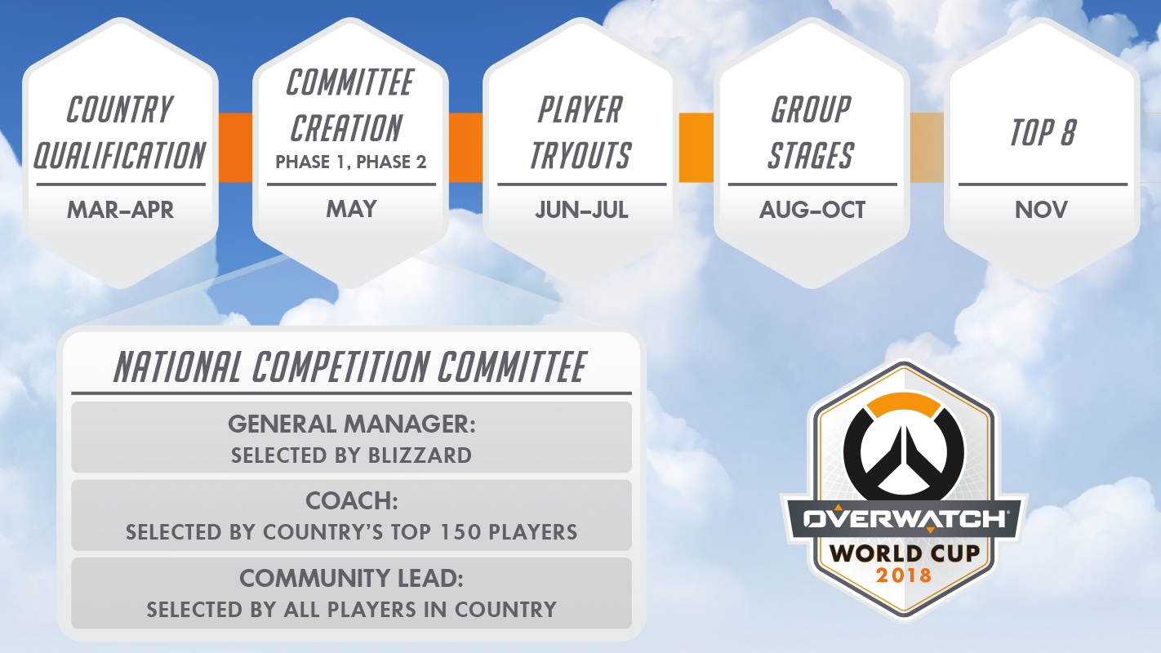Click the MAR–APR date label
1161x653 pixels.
point(120,210)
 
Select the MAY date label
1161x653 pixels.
point(351,209)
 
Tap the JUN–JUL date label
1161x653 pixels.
point(581,210)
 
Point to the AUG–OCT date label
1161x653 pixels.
point(812,210)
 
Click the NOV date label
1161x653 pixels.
point(1041,210)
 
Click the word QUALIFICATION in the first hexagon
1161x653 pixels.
point(120,154)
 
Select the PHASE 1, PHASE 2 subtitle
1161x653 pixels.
point(351,162)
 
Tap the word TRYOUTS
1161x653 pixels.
point(581,154)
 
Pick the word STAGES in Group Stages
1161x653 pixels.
point(811,154)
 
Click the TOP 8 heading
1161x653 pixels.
point(1043,132)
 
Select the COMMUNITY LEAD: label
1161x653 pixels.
point(351,579)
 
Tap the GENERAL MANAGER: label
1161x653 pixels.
point(351,424)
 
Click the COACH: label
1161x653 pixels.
point(351,501)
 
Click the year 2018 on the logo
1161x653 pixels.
point(903,575)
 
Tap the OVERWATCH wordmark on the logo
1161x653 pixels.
point(904,519)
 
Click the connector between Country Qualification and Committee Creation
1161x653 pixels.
point(235,147)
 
